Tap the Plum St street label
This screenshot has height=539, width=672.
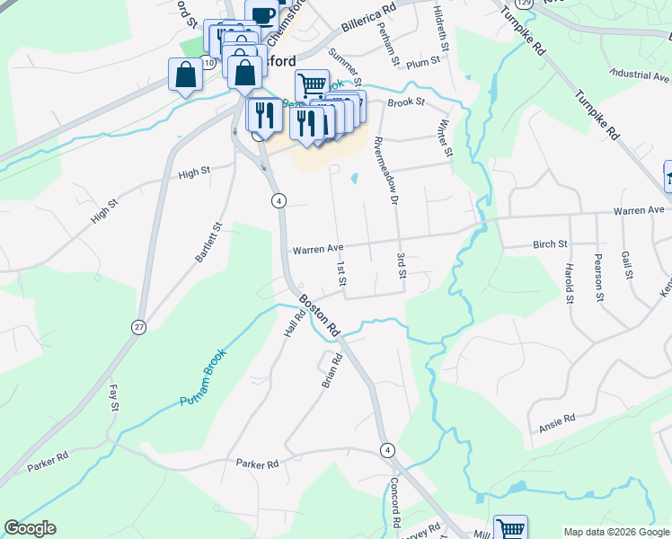tap(422, 62)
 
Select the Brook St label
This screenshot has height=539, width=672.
tap(405, 102)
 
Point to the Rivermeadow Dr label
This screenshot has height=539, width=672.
tap(385, 172)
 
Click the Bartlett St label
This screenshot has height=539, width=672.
tap(208, 243)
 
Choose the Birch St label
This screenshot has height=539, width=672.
tap(550, 243)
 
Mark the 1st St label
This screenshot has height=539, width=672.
tap(341, 275)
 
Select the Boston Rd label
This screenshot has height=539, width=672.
tap(319, 316)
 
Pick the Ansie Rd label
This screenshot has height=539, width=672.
tap(557, 420)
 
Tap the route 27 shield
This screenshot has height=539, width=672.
tap(138, 327)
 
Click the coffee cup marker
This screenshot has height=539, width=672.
tap(262, 14)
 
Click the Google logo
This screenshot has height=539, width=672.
tap(30, 528)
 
